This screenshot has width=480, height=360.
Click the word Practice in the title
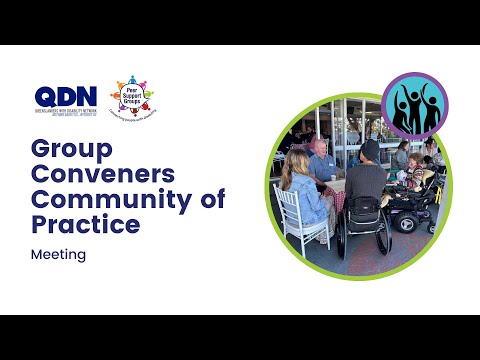tap(86, 225)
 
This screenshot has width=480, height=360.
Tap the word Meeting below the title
tap(59, 255)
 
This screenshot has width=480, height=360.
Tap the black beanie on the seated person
tap(369, 149)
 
